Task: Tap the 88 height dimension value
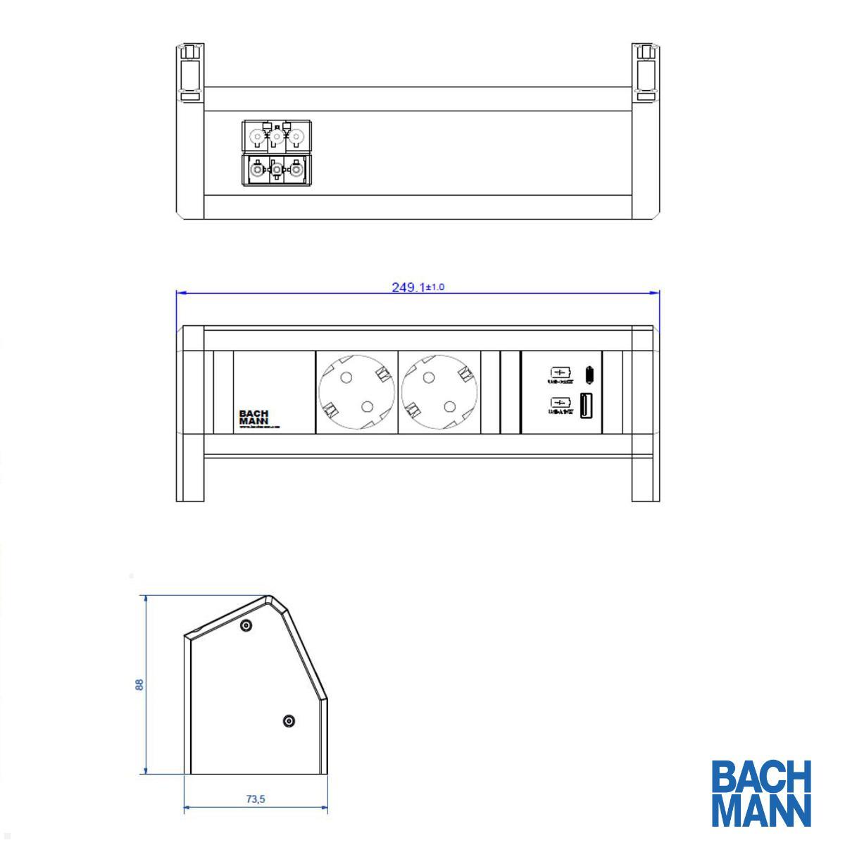point(139,684)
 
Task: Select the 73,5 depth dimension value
point(255,799)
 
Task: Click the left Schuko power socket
point(356,392)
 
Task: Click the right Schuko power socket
point(438,392)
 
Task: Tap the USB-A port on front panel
point(585,406)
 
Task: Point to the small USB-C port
point(587,373)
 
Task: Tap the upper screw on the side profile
point(245,625)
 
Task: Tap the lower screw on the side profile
point(289,721)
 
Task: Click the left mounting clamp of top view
point(189,70)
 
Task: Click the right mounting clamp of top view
point(645,70)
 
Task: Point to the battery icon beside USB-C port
point(561,372)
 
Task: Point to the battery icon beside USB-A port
point(561,403)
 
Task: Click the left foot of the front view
point(189,479)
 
